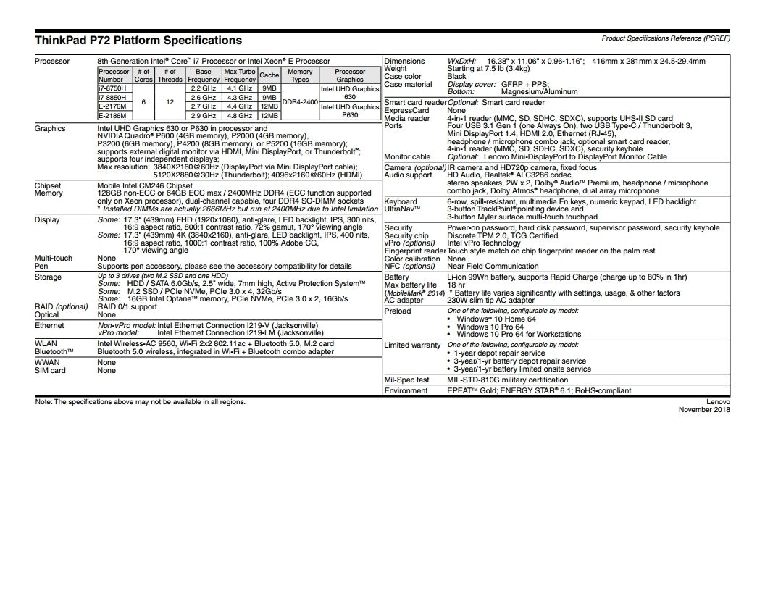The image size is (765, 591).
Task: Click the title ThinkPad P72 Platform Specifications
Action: tap(138, 41)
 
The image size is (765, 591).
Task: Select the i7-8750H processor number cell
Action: tap(112, 88)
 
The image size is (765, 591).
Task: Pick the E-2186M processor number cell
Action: tap(112, 115)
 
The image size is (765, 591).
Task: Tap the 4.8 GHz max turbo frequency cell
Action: tap(239, 115)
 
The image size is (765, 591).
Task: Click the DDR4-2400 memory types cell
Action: tap(300, 101)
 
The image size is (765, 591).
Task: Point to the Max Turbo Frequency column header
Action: tap(239, 75)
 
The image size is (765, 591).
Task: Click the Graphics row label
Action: tap(50, 128)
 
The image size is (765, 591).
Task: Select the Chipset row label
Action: tap(49, 185)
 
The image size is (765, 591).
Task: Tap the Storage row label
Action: tap(49, 277)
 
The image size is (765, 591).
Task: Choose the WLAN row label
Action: tap(46, 343)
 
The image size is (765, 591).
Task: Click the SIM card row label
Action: tap(50, 370)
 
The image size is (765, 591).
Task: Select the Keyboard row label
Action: tap(401, 201)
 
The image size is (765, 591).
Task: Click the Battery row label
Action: tap(397, 277)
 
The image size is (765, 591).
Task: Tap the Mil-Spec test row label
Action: tap(406, 380)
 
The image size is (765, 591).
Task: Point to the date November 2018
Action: tap(704, 409)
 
